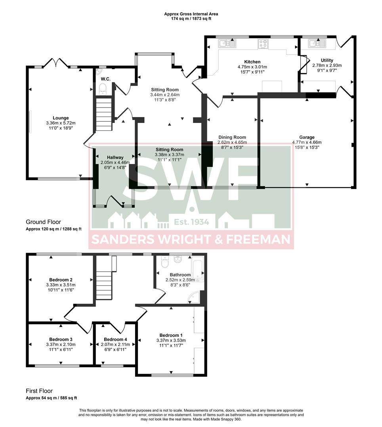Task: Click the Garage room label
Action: (307, 138)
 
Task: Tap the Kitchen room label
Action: (252, 62)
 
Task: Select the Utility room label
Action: (327, 60)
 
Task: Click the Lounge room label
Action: (61, 118)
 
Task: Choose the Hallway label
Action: (112, 157)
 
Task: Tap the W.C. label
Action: (105, 79)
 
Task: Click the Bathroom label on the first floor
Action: (180, 275)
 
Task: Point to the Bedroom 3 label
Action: (61, 339)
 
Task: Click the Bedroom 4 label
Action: (115, 339)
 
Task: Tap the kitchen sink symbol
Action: (227, 43)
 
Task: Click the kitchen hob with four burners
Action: (263, 43)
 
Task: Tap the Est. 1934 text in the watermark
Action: (189, 222)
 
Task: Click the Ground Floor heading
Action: (43, 222)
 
